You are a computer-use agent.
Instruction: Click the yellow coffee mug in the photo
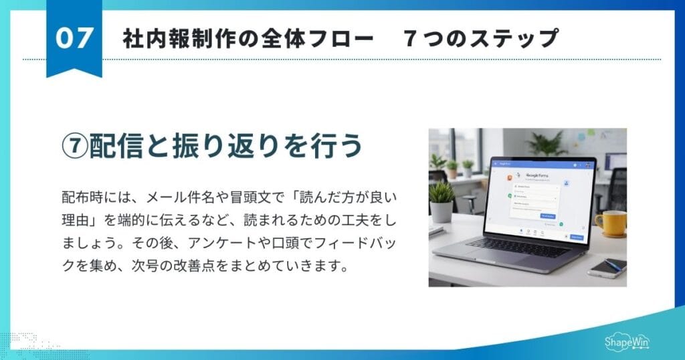click(x=609, y=223)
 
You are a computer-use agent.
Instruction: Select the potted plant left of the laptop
click(x=442, y=201)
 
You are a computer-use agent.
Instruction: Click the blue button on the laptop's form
click(x=548, y=216)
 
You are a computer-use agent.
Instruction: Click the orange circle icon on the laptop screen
click(x=510, y=179)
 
